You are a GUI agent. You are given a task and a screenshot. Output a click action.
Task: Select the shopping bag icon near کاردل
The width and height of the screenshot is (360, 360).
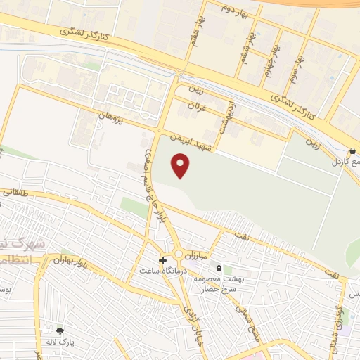(x=352, y=150)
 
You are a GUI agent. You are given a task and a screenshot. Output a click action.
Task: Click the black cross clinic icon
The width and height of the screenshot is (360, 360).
(x=163, y=260)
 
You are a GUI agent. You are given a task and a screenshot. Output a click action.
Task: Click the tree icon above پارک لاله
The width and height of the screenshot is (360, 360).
(x=60, y=331)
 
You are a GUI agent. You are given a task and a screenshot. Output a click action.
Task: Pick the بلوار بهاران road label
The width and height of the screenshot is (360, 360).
(x=72, y=262)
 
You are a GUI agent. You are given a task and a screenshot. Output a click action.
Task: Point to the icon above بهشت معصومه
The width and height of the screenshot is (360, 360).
(x=219, y=269)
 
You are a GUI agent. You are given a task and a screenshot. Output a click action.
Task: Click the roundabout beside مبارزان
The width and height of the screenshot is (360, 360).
(x=181, y=254)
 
